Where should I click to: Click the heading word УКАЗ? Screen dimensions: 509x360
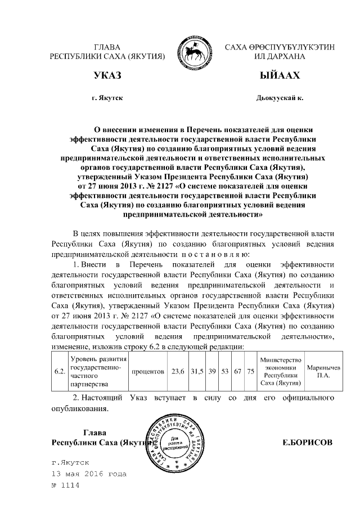pyautogui.click(x=107, y=75)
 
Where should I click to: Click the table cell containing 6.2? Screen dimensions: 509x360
pyautogui.click(x=59, y=372)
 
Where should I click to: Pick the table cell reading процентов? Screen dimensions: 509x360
pyautogui.click(x=148, y=372)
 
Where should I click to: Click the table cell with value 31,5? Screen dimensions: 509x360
pyautogui.click(x=196, y=372)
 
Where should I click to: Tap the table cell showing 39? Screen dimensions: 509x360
pyautogui.click(x=212, y=372)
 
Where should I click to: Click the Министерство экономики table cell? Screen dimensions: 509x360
pyautogui.click(x=280, y=372)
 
